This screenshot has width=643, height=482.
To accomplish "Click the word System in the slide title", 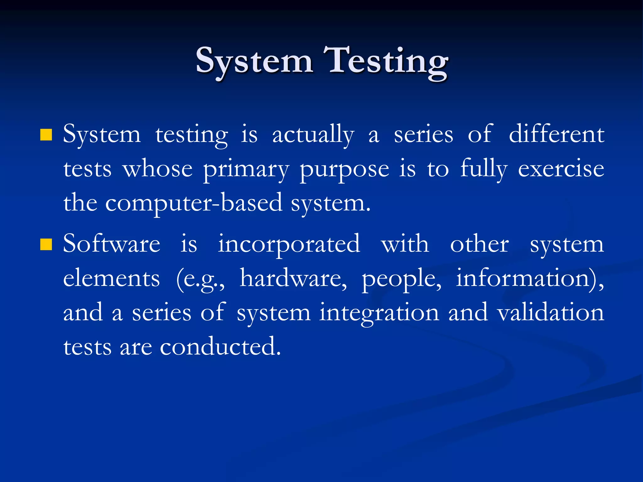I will tap(254, 61).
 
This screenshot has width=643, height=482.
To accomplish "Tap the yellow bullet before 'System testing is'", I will tap(46, 135).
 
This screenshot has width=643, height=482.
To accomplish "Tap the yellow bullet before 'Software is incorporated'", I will tap(46, 245).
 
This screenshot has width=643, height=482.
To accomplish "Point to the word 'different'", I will tap(556, 134).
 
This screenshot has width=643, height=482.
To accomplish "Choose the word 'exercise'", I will tap(561, 169).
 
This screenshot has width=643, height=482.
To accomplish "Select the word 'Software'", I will tap(112, 244).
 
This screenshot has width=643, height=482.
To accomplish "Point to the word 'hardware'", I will tap(293, 279).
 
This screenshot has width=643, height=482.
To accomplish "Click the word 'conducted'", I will tap(220, 347).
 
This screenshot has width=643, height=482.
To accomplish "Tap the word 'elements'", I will tap(111, 279).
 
